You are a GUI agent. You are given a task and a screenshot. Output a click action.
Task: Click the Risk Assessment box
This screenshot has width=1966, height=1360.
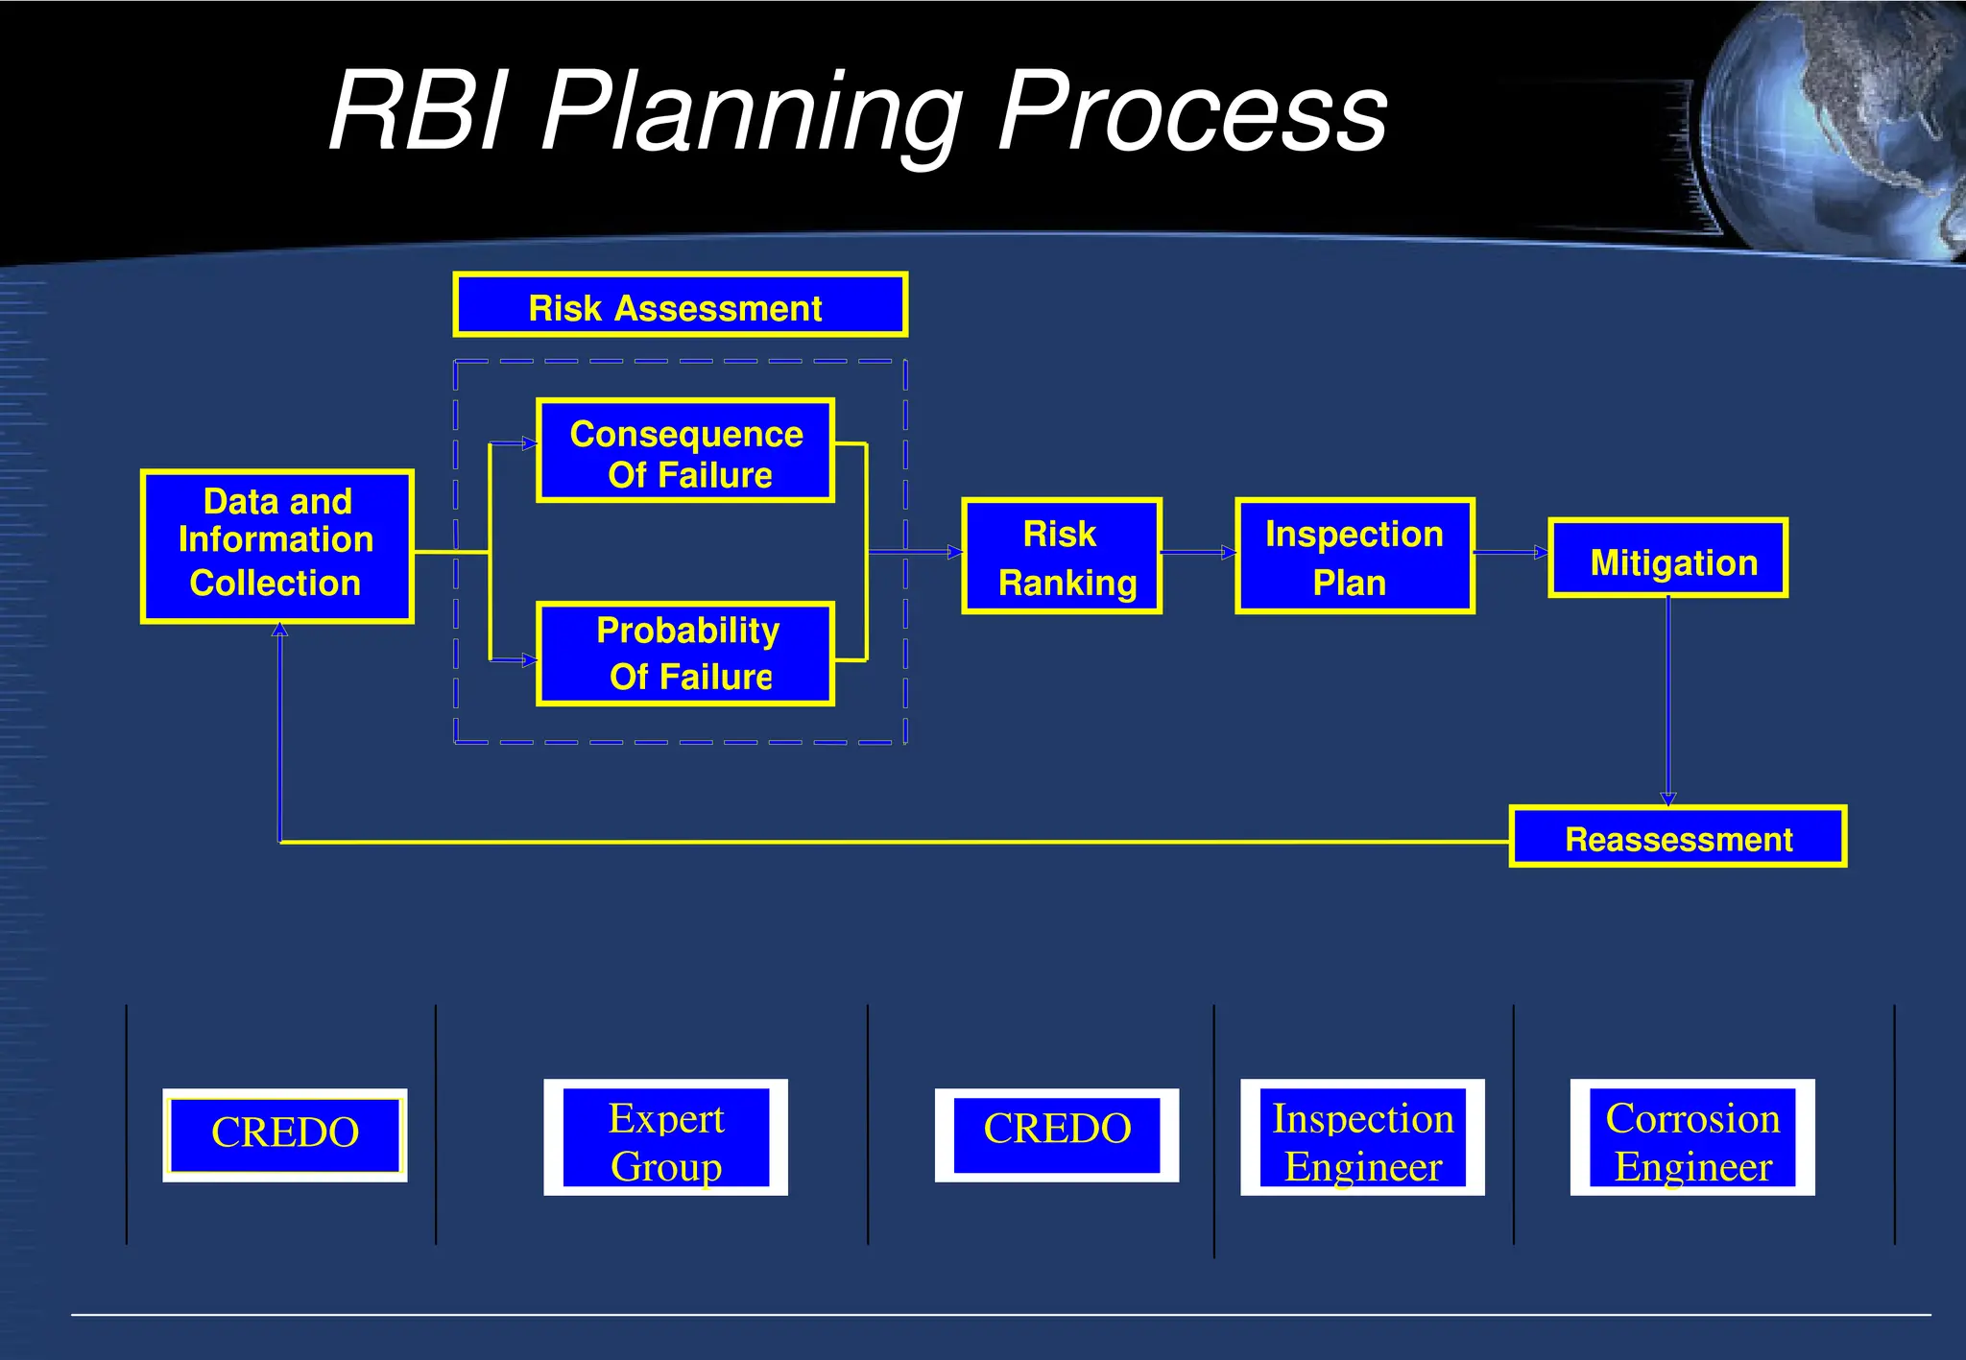coord(680,305)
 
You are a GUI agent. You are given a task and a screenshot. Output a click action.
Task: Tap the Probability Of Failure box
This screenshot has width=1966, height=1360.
coord(685,655)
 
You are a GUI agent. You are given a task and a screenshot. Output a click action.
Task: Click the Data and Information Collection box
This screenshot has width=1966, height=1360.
coord(277,546)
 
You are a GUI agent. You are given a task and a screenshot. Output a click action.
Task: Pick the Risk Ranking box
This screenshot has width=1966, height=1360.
coord(1062,556)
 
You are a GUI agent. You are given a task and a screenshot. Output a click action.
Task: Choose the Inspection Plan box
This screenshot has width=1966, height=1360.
coord(1355,556)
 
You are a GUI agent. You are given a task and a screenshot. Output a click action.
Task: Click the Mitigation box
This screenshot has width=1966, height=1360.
coord(1668,559)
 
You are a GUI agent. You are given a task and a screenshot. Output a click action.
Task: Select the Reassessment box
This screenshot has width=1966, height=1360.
coord(1678,837)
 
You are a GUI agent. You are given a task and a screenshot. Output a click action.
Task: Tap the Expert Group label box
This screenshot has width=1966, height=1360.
coord(666,1137)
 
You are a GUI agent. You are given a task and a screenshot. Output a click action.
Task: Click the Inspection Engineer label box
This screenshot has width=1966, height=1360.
coord(1362,1137)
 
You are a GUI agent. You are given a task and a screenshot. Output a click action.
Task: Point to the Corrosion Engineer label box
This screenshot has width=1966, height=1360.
coord(1692,1137)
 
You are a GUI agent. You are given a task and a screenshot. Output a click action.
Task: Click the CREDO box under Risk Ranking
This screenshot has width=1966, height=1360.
coord(1057,1134)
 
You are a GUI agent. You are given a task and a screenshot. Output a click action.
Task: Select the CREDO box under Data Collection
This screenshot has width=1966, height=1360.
coord(285,1134)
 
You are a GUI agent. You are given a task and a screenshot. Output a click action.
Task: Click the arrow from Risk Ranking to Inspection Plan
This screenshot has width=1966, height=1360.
coord(1199,553)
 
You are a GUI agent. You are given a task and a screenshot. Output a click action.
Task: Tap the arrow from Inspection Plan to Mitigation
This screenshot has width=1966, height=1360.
coord(1511,553)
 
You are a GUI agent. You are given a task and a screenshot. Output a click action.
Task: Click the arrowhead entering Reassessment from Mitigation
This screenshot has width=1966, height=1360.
coord(1668,799)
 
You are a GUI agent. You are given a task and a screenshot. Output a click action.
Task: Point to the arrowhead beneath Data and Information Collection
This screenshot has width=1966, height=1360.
coord(279,630)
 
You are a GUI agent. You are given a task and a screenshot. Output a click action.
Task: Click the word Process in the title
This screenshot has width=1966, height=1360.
coord(1192,113)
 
